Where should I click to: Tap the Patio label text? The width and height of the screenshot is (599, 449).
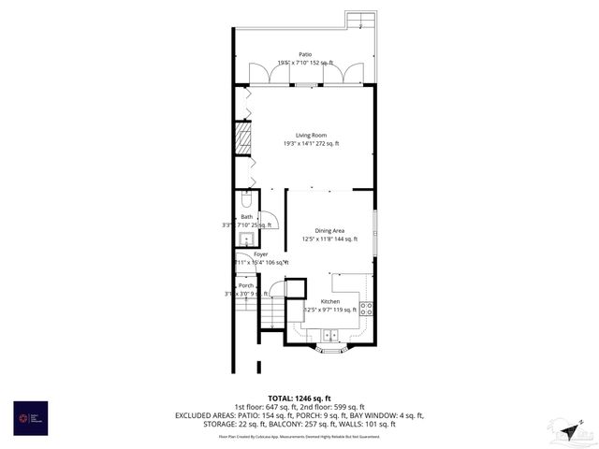click(x=304, y=55)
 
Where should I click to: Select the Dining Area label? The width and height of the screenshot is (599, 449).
click(x=329, y=230)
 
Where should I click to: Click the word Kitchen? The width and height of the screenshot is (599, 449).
click(x=329, y=301)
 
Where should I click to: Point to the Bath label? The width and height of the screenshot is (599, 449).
click(x=246, y=217)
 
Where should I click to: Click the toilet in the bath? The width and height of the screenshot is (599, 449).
click(x=245, y=199)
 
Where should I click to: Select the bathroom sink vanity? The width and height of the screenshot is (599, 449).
click(x=241, y=238)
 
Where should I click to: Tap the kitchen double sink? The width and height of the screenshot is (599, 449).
click(x=330, y=335)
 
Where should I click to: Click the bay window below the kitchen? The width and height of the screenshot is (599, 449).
click(x=329, y=351)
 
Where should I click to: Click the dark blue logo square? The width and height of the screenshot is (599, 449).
click(x=30, y=417)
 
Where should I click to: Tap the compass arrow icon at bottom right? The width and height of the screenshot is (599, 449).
click(x=568, y=430)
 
